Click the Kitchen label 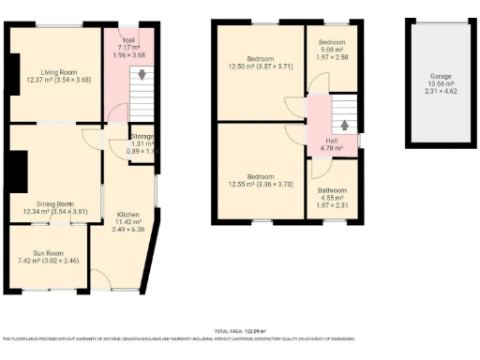(128, 214)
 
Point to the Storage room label (142, 137)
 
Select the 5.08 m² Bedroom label (333, 43)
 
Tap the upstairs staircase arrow (344, 125)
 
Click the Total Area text (240, 331)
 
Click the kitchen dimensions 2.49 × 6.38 (128, 229)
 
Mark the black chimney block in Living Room (13, 72)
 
